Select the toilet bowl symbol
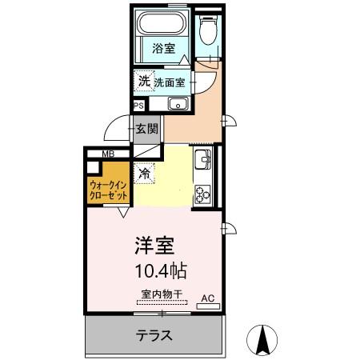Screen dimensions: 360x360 [x=209, y=30]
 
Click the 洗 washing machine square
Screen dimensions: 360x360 [x=143, y=80]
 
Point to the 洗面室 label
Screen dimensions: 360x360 [x=170, y=82]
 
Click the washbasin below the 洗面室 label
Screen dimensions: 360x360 [x=178, y=104]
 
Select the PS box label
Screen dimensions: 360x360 [x=138, y=105]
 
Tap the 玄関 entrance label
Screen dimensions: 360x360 [x=146, y=128]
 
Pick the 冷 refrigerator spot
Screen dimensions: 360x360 [x=145, y=173]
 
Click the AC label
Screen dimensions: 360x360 [x=207, y=298]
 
